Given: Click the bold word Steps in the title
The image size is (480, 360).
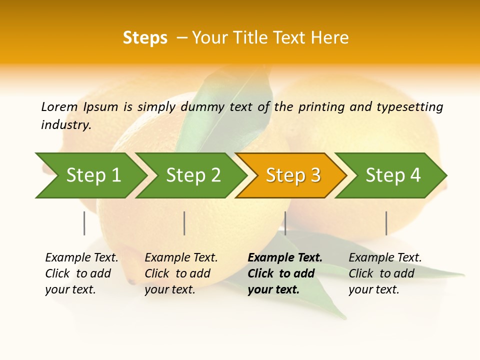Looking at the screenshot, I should pyautogui.click(x=145, y=38).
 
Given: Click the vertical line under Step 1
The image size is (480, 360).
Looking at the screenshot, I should pyautogui.click(x=84, y=223).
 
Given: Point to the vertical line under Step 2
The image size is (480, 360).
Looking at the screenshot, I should pyautogui.click(x=184, y=223).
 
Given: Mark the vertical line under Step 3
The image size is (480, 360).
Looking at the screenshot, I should pyautogui.click(x=285, y=223).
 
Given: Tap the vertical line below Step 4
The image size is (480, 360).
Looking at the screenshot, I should pyautogui.click(x=386, y=223).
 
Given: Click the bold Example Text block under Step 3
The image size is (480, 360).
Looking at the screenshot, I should pyautogui.click(x=285, y=273).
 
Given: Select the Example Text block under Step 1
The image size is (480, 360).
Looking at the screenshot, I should pyautogui.click(x=81, y=273).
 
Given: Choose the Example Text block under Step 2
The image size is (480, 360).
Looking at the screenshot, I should pyautogui.click(x=181, y=273).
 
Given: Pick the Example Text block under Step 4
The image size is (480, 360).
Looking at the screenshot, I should pyautogui.click(x=385, y=273).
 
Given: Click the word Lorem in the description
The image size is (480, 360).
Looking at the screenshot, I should pyautogui.click(x=59, y=107).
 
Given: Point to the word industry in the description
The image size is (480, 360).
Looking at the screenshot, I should pyautogui.click(x=66, y=125).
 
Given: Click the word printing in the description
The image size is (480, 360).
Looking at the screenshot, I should pyautogui.click(x=321, y=107).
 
